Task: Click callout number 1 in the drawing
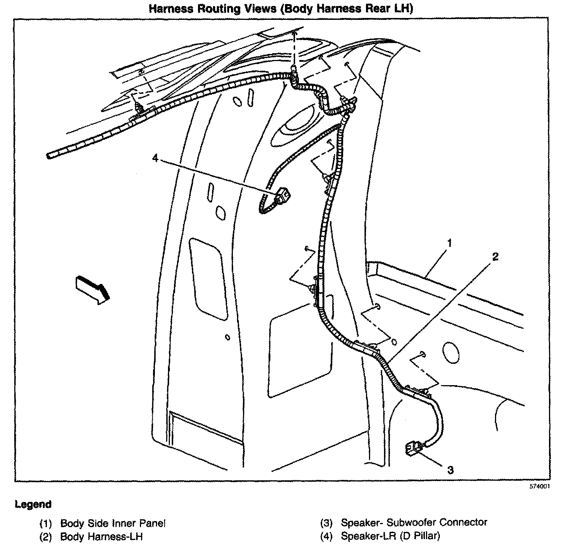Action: (449, 244)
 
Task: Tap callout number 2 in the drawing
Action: (495, 257)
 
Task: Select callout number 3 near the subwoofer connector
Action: (450, 469)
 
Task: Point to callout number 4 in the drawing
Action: (155, 158)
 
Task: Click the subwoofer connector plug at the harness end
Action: (412, 448)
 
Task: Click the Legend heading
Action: (33, 504)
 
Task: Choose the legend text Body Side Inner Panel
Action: (112, 523)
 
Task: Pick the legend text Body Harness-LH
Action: (101, 536)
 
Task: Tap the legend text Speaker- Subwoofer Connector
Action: (414, 522)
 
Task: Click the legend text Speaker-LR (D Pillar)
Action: (390, 536)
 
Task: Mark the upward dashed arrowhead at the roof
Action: (295, 35)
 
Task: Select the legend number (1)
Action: (46, 523)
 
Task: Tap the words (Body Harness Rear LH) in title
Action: (347, 9)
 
